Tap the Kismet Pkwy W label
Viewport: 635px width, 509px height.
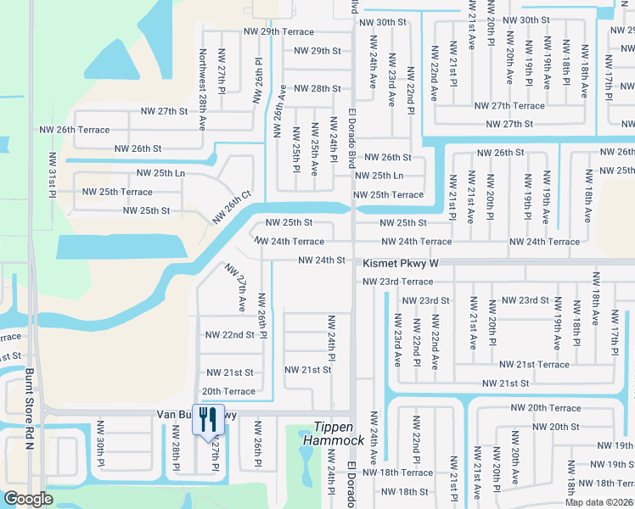(x=402, y=264)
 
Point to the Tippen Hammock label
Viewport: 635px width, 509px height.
(x=339, y=434)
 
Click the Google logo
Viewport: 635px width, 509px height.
(x=28, y=499)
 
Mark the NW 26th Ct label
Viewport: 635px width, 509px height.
(x=232, y=206)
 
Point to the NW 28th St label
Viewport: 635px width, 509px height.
(x=317, y=88)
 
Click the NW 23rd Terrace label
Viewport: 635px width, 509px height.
(x=397, y=282)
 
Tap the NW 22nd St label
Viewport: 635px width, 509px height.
(x=229, y=335)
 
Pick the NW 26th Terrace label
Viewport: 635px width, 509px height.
(x=75, y=130)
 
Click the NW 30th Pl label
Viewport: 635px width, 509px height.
(x=100, y=445)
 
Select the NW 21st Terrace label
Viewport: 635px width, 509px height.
(x=534, y=365)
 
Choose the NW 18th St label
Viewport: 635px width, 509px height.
(x=405, y=492)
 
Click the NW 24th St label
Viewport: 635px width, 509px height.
(x=322, y=260)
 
